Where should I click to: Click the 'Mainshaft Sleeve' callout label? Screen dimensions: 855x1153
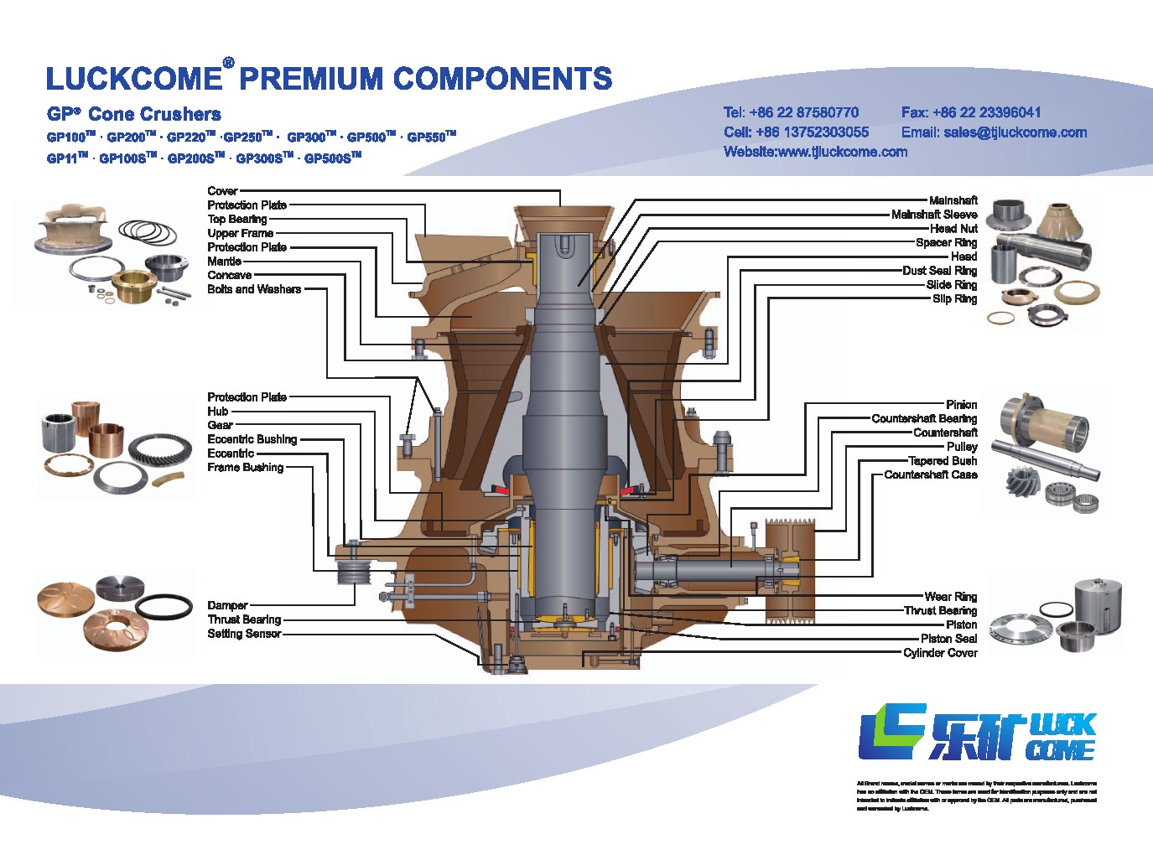(x=933, y=215)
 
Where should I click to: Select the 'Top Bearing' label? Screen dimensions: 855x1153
(x=236, y=220)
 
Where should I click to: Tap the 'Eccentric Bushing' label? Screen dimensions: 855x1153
(x=252, y=439)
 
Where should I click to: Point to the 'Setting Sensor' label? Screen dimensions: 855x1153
(x=244, y=634)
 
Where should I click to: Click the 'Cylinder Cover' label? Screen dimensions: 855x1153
(x=940, y=653)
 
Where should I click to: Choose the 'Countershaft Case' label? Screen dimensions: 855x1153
(x=930, y=474)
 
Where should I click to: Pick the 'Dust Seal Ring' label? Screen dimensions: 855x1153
(x=939, y=271)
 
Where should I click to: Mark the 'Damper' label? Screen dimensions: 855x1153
(x=227, y=605)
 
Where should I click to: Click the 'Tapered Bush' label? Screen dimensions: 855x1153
(x=943, y=461)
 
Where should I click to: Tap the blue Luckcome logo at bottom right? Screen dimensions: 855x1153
(x=978, y=733)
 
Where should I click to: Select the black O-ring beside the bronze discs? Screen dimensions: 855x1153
(x=164, y=605)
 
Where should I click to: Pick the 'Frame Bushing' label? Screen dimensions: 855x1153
(x=245, y=468)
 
